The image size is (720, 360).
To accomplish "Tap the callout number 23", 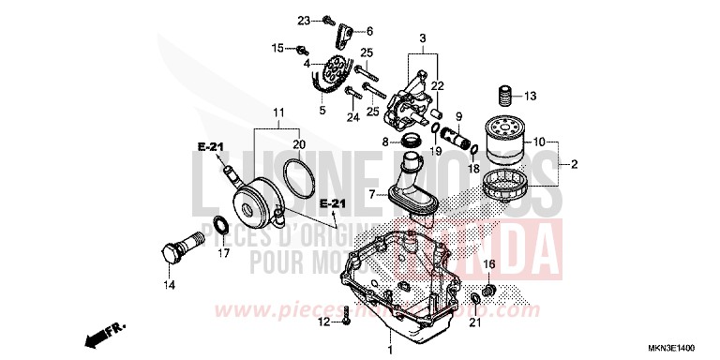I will [304, 20].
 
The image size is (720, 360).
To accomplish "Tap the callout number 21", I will [473, 323].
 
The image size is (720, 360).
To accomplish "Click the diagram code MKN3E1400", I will [682, 347].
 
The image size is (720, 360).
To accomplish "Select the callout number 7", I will [372, 195].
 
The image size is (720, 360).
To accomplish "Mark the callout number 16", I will [489, 264].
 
